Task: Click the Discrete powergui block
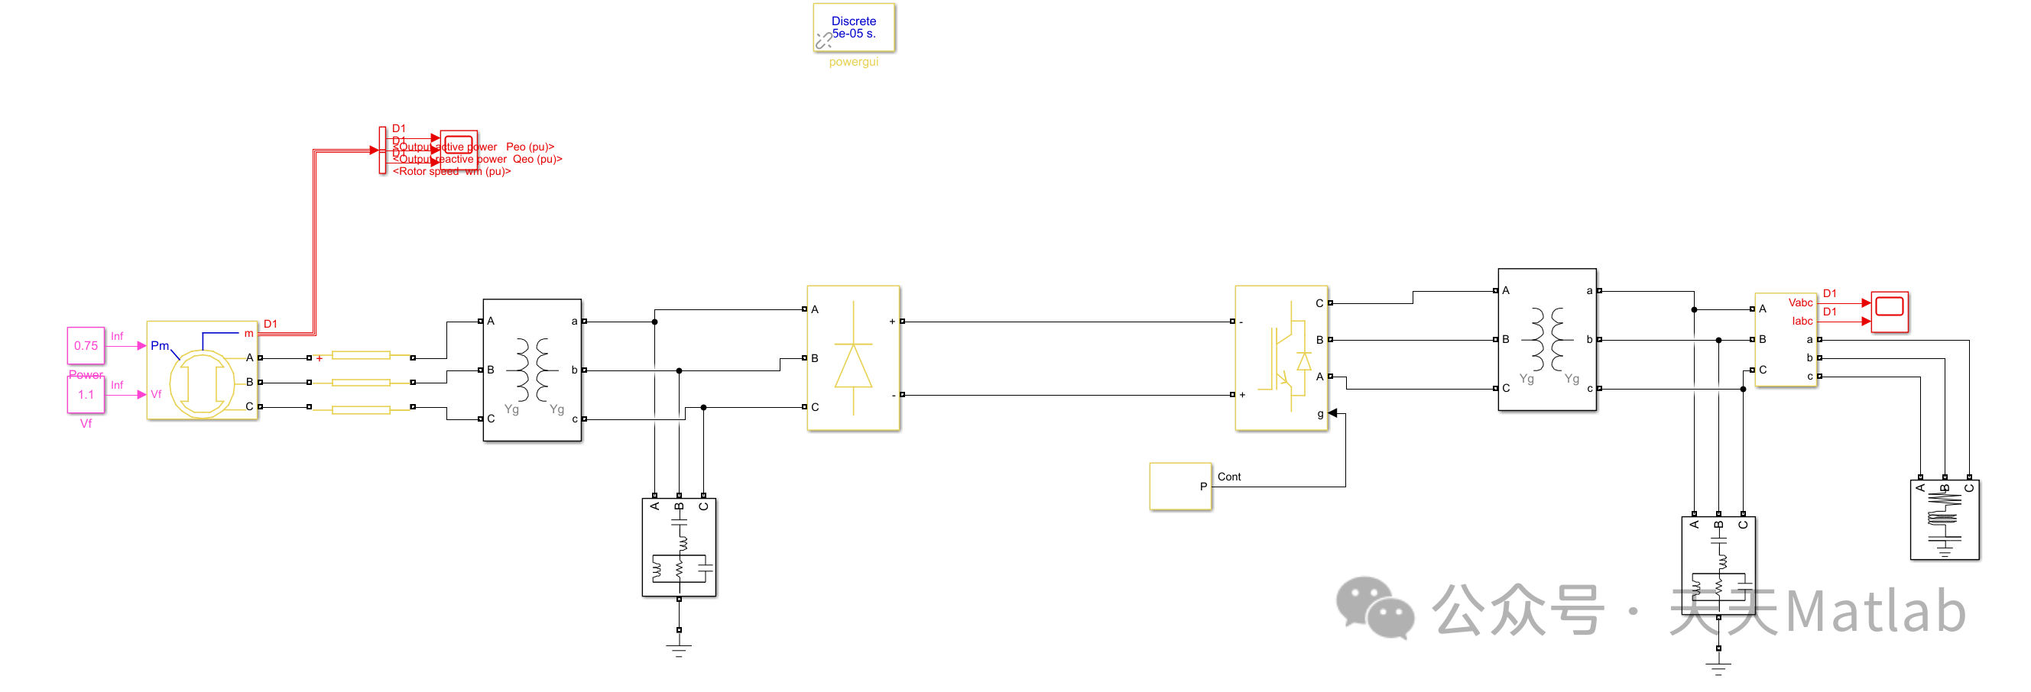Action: (x=853, y=27)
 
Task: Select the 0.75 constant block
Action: (x=86, y=345)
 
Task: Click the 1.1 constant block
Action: (x=86, y=394)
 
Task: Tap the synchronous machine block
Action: (x=202, y=370)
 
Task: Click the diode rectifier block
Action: (x=853, y=357)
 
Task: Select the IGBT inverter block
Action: (x=1281, y=357)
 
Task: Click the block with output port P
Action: (x=1180, y=487)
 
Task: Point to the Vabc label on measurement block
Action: (x=1800, y=302)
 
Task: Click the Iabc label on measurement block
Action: (x=1802, y=321)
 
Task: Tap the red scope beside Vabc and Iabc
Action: (x=1889, y=312)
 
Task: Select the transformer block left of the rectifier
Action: (x=532, y=370)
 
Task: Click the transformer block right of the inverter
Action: (x=1547, y=340)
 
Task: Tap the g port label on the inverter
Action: (x=1320, y=414)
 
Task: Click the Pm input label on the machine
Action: (x=159, y=345)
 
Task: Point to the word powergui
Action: (x=853, y=61)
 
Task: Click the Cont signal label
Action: (x=1228, y=477)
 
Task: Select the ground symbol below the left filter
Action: (x=679, y=648)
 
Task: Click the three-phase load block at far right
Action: (x=1945, y=520)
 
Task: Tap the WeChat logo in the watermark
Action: (x=1374, y=607)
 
